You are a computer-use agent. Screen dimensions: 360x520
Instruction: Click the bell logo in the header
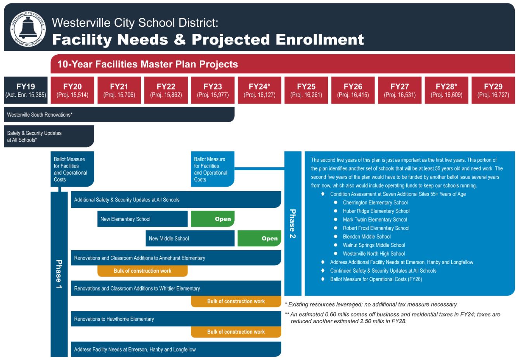28,28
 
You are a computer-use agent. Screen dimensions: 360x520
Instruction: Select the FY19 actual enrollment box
26,90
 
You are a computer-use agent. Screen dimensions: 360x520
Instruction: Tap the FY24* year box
259,90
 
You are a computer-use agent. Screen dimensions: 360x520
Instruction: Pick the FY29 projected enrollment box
493,90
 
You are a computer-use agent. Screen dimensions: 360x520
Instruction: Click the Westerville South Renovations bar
119,115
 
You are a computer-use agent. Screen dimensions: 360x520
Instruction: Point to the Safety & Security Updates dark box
49,136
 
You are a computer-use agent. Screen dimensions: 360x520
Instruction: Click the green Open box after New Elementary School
213,219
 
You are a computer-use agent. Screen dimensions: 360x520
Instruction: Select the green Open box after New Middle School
259,238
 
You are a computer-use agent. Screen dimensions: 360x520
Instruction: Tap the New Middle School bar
190,238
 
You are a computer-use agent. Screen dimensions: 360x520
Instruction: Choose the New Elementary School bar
142,219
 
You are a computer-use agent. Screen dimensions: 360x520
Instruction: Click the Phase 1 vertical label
59,274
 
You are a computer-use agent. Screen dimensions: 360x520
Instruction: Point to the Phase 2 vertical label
293,223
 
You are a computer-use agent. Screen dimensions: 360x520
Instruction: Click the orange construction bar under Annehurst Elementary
142,271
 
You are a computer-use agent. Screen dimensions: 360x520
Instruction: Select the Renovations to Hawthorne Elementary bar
176,319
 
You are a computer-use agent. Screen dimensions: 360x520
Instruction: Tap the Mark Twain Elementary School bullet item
374,220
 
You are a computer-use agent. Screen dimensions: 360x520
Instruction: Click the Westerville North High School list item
374,254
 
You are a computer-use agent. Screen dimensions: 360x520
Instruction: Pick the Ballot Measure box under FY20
72,169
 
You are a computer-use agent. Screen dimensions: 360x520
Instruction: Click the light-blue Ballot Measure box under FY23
212,169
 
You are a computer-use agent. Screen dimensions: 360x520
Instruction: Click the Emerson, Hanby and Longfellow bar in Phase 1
176,349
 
